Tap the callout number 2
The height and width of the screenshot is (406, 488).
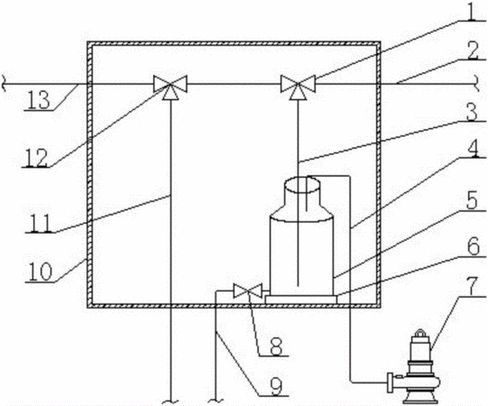[x=473, y=51]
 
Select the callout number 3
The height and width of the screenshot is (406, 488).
[x=472, y=112]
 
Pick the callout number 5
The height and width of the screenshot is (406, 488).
[x=472, y=201]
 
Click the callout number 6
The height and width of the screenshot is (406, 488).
[x=474, y=248]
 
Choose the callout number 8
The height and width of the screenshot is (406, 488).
[x=276, y=346]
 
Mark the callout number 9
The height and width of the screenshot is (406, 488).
[x=276, y=386]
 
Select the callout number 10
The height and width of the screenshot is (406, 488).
[x=40, y=272]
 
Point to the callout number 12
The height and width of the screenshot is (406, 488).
[x=36, y=158]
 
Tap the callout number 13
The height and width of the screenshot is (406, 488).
[x=38, y=100]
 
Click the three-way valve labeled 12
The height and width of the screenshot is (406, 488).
[x=170, y=86]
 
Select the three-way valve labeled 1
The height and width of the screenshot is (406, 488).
[x=298, y=86]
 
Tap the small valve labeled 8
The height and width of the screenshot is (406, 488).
[x=248, y=291]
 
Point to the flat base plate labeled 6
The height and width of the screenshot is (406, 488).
[x=301, y=300]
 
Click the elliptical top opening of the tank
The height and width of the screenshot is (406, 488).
[x=302, y=184]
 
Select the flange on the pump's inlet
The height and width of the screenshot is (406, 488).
[x=390, y=382]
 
